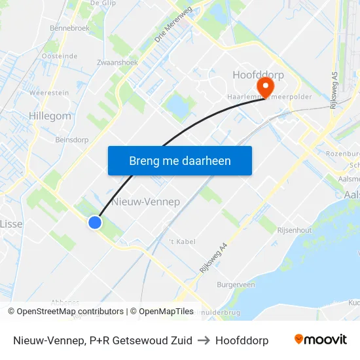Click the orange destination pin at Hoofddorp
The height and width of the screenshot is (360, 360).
point(266,86)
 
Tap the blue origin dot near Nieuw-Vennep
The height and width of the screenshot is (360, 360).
point(95,223)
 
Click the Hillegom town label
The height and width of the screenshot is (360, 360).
point(50,116)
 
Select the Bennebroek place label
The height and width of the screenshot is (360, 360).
point(69,29)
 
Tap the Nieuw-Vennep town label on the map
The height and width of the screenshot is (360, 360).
point(146,202)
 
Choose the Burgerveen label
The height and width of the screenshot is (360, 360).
point(236,285)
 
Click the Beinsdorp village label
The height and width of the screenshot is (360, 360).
point(72,139)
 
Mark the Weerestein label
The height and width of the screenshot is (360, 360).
point(49,93)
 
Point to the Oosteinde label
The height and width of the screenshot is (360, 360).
point(60,56)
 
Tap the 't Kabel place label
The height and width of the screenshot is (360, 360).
point(183,242)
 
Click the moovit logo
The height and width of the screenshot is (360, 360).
point(320,340)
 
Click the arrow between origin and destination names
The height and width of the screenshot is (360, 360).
point(204,340)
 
